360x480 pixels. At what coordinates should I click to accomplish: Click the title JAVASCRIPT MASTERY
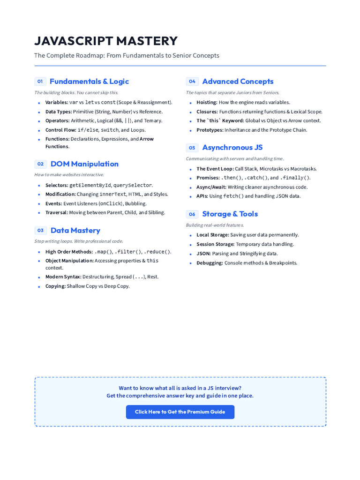click(106, 41)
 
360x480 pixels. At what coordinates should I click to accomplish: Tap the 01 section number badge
click(40, 82)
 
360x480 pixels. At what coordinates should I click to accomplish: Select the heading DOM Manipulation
click(84, 164)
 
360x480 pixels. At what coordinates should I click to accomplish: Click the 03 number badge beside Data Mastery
click(40, 230)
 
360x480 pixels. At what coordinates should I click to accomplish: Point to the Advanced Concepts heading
click(238, 81)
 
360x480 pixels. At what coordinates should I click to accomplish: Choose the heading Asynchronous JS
click(232, 147)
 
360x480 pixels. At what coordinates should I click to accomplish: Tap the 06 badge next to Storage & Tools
click(192, 214)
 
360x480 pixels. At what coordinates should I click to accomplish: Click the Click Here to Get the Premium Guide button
click(180, 412)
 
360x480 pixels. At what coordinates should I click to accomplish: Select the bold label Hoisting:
click(207, 102)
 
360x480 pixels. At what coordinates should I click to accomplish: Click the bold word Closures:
click(207, 112)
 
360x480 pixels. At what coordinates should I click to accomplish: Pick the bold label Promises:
click(208, 178)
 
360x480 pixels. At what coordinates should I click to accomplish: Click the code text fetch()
click(233, 196)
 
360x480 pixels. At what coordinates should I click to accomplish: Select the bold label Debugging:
click(210, 263)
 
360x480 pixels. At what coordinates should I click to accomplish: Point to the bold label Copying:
click(55, 286)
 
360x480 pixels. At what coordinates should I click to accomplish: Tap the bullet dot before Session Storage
click(191, 245)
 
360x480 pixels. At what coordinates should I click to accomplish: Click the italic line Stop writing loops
click(78, 241)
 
